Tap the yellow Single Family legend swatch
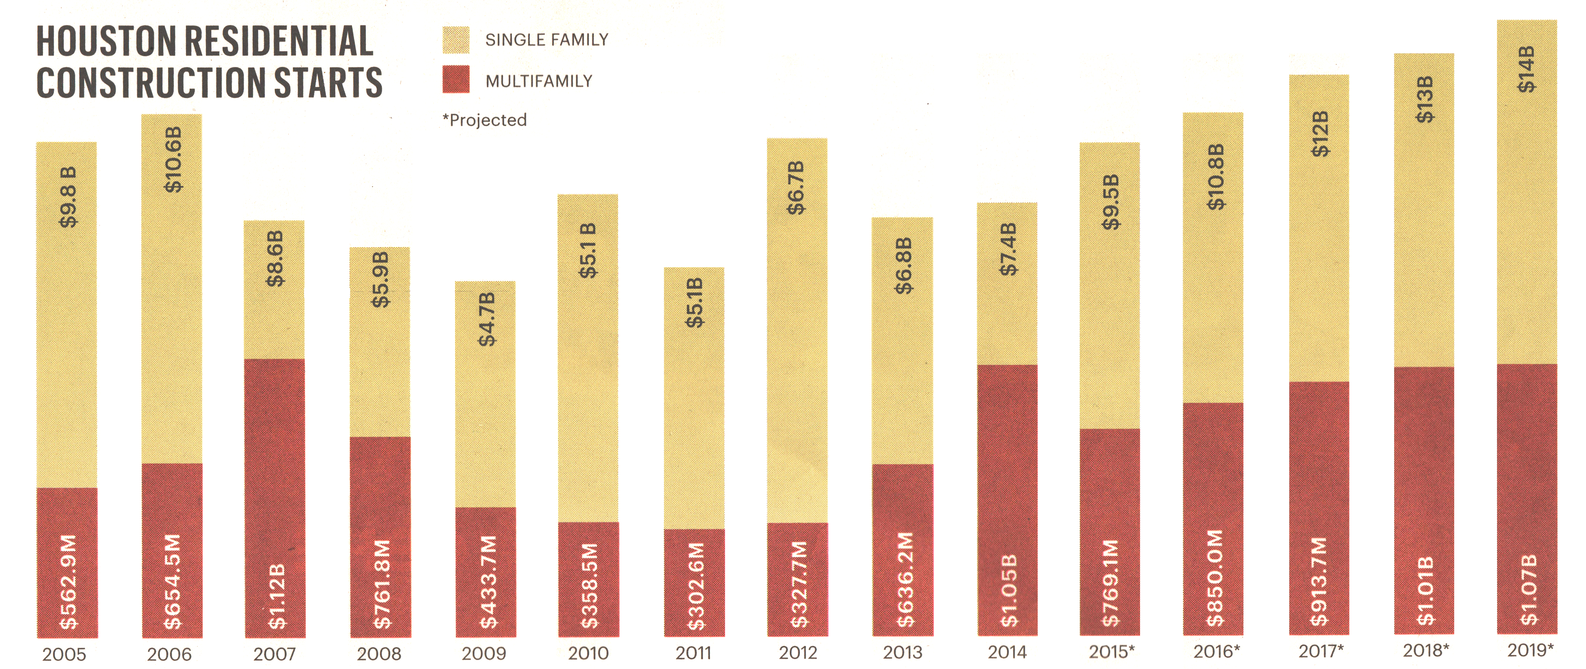[456, 40]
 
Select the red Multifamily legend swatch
[456, 80]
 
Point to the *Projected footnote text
[485, 120]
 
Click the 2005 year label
[64, 654]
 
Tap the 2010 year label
[588, 653]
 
